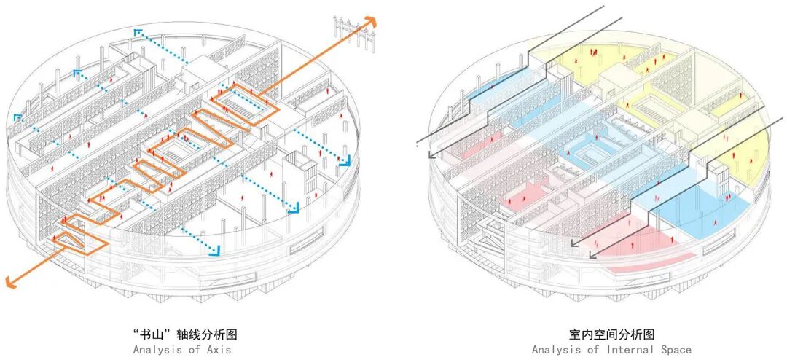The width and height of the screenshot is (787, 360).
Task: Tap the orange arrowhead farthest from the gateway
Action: coord(10,280)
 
